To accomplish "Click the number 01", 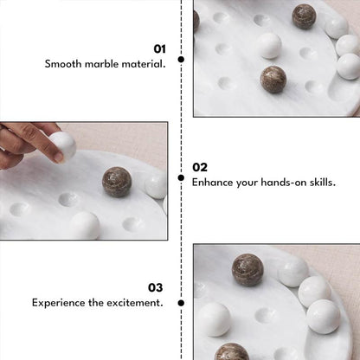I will coord(159,49).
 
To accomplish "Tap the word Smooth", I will coord(65,64).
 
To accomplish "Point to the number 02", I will coord(200,167).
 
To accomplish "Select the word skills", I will coord(321,183).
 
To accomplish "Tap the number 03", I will coord(155,287).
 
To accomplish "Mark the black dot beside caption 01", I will coord(181,60).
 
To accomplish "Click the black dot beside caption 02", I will coord(181,177).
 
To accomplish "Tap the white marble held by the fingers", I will coord(63,145).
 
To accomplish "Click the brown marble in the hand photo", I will coord(117,182).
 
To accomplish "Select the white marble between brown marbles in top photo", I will coord(269,46).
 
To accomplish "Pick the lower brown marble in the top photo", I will coord(273,80).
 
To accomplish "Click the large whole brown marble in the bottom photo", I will coord(247,270).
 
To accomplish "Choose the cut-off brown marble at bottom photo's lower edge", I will coord(232,352).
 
